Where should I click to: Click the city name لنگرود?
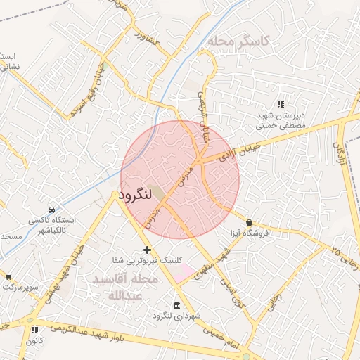pos(135,195)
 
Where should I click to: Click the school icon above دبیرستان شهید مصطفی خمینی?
pos(281,104)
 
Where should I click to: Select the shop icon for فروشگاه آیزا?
pos(250,222)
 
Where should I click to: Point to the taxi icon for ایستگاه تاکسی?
pos(51,210)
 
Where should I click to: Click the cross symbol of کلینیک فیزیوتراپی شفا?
pos(147,250)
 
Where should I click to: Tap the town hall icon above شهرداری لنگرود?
pos(176,306)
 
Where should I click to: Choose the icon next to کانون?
pos(33,328)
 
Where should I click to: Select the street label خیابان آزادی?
pos(239,152)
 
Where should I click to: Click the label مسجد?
pos(12,236)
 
